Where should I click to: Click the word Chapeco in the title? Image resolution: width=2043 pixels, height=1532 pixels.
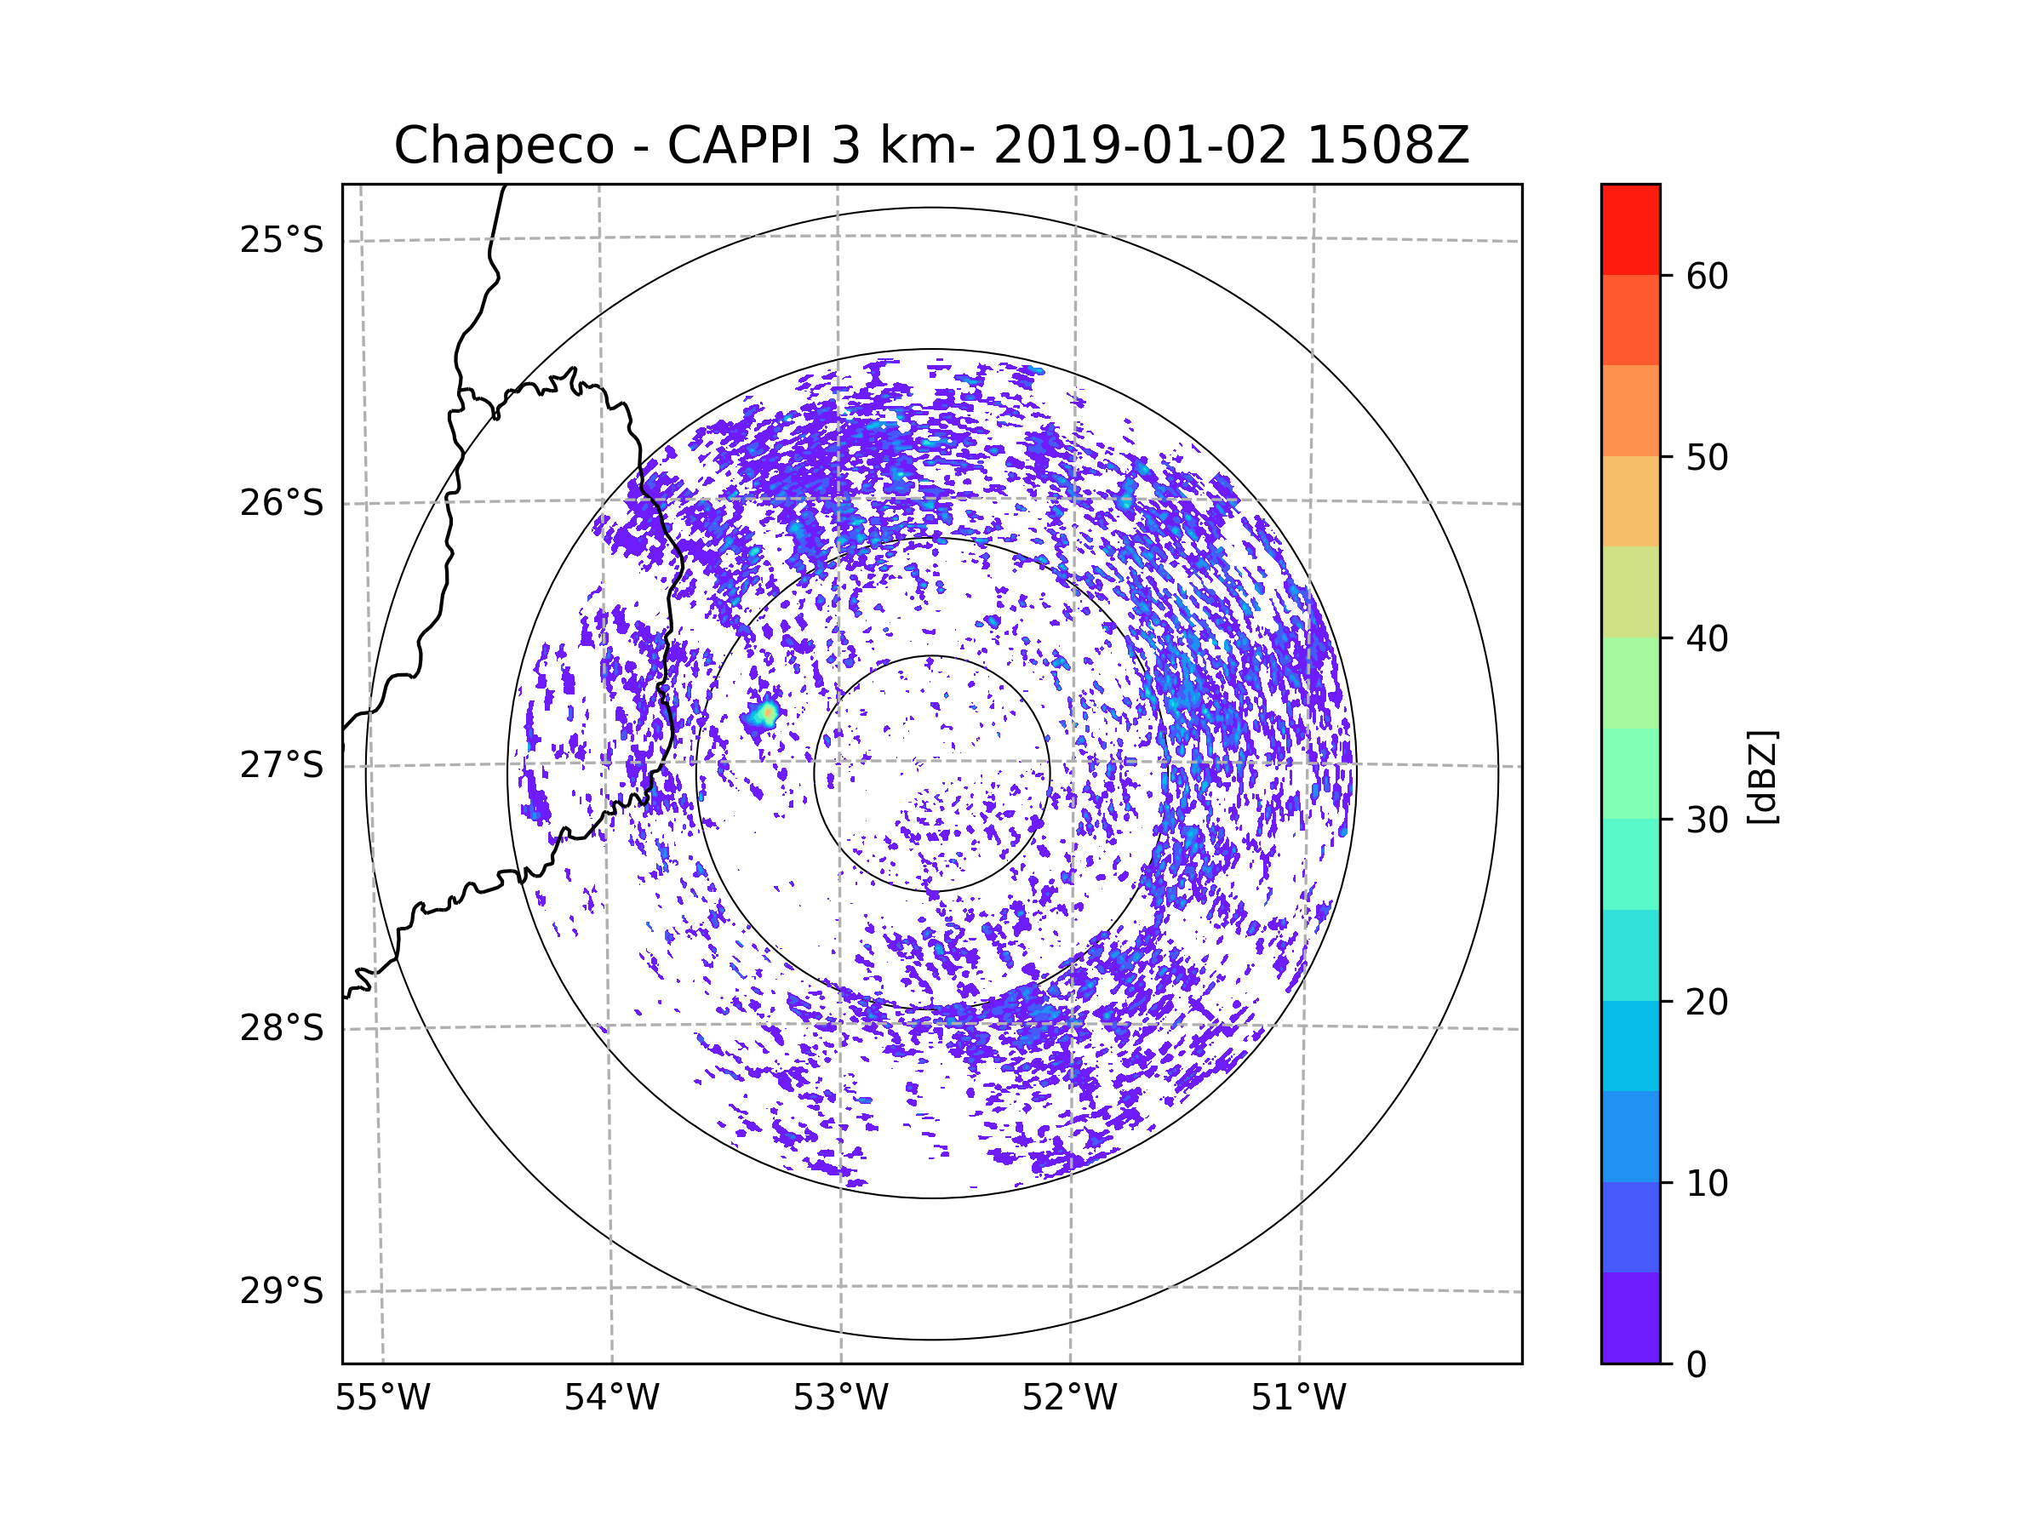[504, 146]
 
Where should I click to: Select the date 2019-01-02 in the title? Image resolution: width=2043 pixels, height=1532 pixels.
[1140, 145]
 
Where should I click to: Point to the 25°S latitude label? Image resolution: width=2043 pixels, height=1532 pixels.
[282, 240]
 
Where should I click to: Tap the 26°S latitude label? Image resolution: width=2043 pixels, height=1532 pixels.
[282, 503]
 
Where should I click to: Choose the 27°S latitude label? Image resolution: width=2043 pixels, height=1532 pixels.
[282, 765]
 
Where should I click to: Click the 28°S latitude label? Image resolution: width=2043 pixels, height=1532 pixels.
[282, 1028]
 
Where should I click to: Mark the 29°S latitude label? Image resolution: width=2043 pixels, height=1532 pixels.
[282, 1291]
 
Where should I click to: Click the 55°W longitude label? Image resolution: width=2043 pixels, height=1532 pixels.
[382, 1398]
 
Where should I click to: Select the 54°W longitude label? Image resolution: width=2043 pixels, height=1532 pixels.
[611, 1398]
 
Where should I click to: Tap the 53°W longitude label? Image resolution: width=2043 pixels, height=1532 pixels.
[840, 1398]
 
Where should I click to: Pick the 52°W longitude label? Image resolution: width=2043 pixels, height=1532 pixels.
[1069, 1398]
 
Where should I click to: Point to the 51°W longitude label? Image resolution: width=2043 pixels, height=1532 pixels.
[1298, 1398]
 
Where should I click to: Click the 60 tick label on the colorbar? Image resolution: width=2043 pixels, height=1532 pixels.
[1707, 276]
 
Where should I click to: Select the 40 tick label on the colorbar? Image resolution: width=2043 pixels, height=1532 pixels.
[1707, 639]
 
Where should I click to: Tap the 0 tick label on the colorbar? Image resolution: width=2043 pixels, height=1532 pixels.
[1697, 1365]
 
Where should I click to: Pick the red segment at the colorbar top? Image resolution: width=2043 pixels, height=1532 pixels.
[1631, 230]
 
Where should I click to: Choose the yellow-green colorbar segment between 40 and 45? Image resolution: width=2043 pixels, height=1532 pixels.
[1631, 592]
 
